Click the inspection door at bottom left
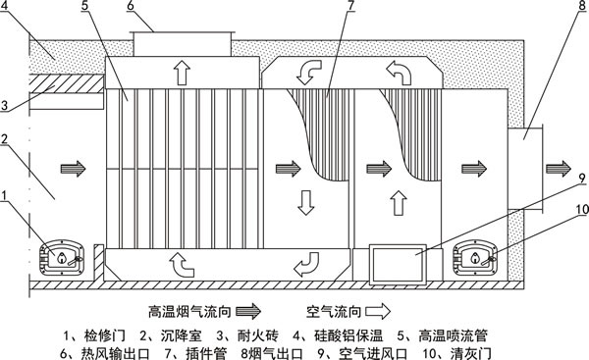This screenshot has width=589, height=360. coord(64,258)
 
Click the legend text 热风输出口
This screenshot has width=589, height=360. coord(116,349)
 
